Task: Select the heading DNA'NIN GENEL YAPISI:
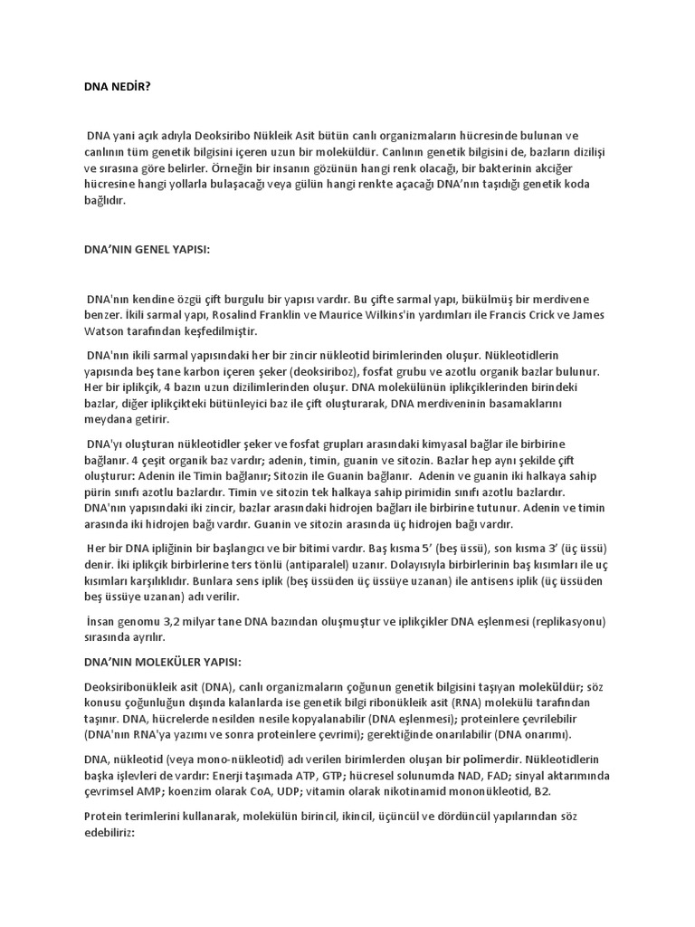click(146, 249)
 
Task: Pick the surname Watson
click(104, 330)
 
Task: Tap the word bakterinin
click(525, 167)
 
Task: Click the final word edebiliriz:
click(109, 832)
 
